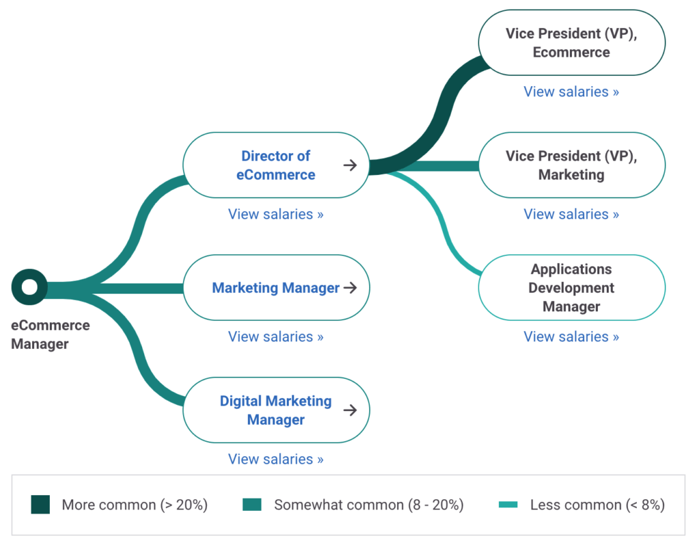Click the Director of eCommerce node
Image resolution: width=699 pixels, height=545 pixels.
tap(276, 165)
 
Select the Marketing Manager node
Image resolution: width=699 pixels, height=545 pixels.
tap(276, 288)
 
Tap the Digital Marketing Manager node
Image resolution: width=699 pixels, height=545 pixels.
tap(276, 410)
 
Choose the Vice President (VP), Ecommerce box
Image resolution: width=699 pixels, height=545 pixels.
tap(571, 42)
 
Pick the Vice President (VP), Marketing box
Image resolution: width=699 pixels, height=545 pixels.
tap(571, 165)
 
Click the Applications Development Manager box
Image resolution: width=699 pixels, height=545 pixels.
tap(571, 288)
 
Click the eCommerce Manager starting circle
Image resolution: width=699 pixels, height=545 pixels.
tap(29, 288)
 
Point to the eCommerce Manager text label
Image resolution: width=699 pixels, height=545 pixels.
tap(50, 335)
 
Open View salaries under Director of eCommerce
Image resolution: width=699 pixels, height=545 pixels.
tap(276, 214)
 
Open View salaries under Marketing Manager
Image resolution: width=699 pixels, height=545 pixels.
tap(276, 337)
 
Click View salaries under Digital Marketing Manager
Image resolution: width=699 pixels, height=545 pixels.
tap(276, 459)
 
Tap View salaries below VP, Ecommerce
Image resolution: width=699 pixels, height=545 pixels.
tap(571, 92)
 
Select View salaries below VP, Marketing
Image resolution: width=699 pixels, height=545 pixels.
tap(571, 214)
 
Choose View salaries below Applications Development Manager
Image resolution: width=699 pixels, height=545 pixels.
tap(571, 337)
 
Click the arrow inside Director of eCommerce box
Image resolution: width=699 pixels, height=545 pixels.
tap(350, 165)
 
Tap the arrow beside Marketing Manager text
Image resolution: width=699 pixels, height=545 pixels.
tap(350, 288)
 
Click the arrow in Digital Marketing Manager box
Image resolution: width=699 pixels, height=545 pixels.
tap(350, 410)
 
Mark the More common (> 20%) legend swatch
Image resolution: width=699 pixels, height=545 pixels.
tap(40, 505)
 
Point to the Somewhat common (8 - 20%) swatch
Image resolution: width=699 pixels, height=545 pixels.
tap(252, 505)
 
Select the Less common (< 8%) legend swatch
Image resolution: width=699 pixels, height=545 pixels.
tap(509, 505)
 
